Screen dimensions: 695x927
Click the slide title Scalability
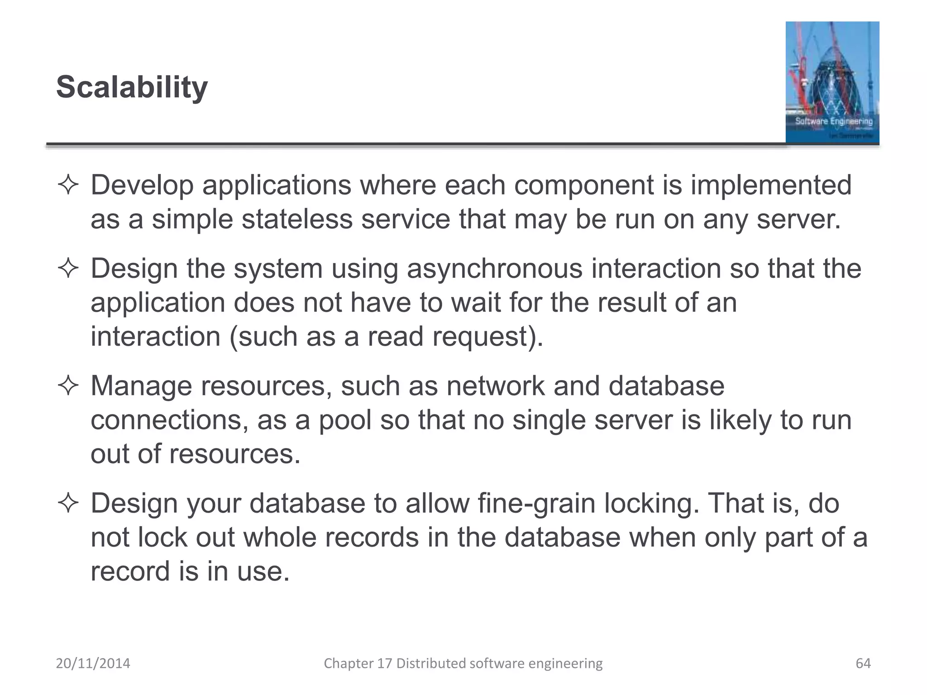(132, 87)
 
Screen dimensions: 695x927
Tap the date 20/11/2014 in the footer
(93, 663)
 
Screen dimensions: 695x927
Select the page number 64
(863, 663)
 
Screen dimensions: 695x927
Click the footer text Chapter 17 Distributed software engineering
(463, 663)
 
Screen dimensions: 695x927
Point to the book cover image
(832, 82)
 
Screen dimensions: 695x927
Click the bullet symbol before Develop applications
(68, 186)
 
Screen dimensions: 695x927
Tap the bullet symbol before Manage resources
(68, 386)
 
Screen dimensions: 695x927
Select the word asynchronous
(494, 268)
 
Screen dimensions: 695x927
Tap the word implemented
(771, 185)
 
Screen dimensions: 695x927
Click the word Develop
(142, 186)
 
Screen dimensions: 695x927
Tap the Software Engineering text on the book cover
(834, 121)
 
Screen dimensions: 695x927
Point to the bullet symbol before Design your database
(68, 504)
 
